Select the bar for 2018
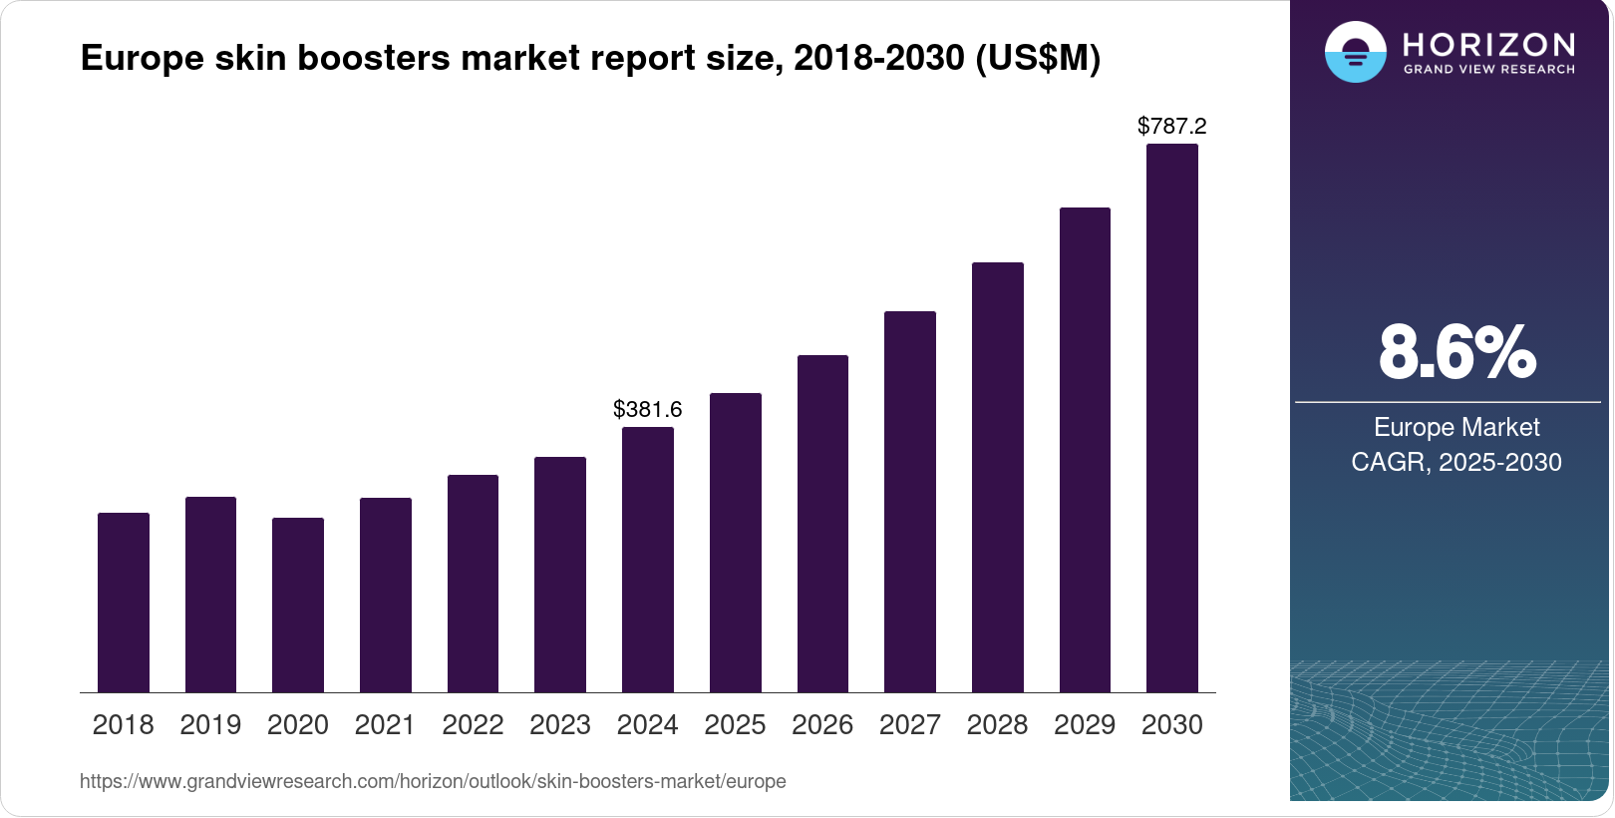click(124, 603)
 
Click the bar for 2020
click(298, 605)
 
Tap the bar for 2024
click(648, 560)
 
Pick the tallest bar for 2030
click(1172, 419)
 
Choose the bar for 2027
click(910, 502)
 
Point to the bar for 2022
click(473, 584)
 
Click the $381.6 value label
click(648, 409)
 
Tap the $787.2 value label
click(1172, 126)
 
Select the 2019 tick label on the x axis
click(210, 725)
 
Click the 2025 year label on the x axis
click(735, 725)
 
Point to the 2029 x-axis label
click(1085, 725)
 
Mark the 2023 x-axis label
click(560, 725)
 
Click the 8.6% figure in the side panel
click(1456, 352)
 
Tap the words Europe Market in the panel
click(1456, 427)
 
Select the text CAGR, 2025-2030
click(1456, 462)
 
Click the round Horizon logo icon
click(1355, 52)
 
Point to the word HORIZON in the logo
click(1488, 44)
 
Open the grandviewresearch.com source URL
click(433, 781)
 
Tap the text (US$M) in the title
click(1038, 58)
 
